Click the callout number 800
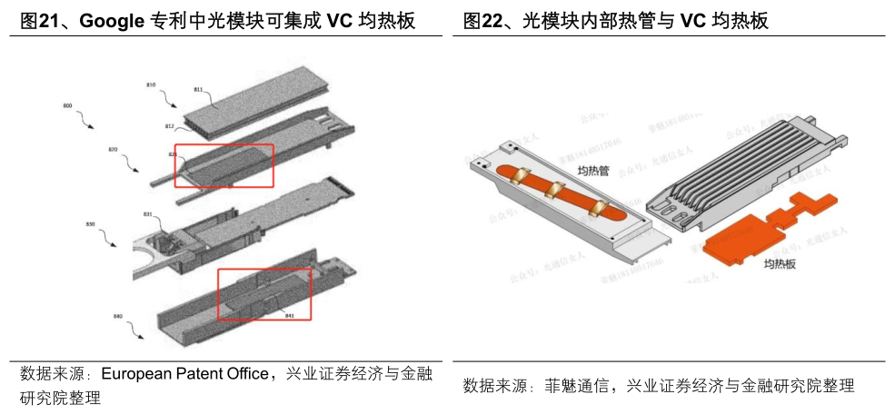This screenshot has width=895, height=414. point(66,106)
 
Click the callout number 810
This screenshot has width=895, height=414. point(151,84)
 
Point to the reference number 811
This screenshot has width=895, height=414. point(197,90)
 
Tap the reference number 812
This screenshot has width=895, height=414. point(170,125)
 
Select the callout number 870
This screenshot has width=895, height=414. point(114,149)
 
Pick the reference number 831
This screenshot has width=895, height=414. point(147,214)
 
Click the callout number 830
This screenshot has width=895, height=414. point(90,223)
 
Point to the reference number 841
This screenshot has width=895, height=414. point(290,315)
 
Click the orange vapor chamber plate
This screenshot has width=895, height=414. point(745,232)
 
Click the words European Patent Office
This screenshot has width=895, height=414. point(184,374)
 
